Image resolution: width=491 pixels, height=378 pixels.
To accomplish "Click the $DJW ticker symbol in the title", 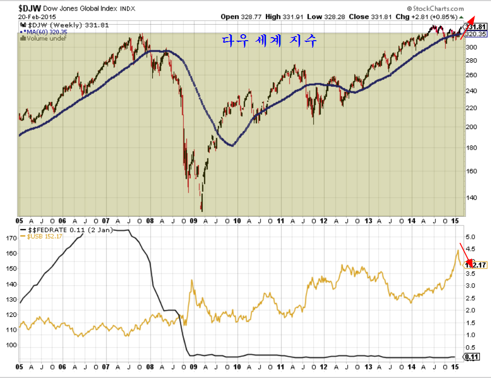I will (30, 8).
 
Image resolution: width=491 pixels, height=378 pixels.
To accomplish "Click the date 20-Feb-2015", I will (37, 17).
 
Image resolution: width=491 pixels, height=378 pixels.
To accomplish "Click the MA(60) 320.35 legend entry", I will (45, 32).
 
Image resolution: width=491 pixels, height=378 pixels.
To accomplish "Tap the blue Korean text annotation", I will (269, 41).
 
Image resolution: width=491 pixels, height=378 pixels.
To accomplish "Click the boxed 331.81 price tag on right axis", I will (475, 27).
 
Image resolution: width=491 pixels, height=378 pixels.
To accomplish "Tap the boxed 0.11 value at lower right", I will (473, 357).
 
